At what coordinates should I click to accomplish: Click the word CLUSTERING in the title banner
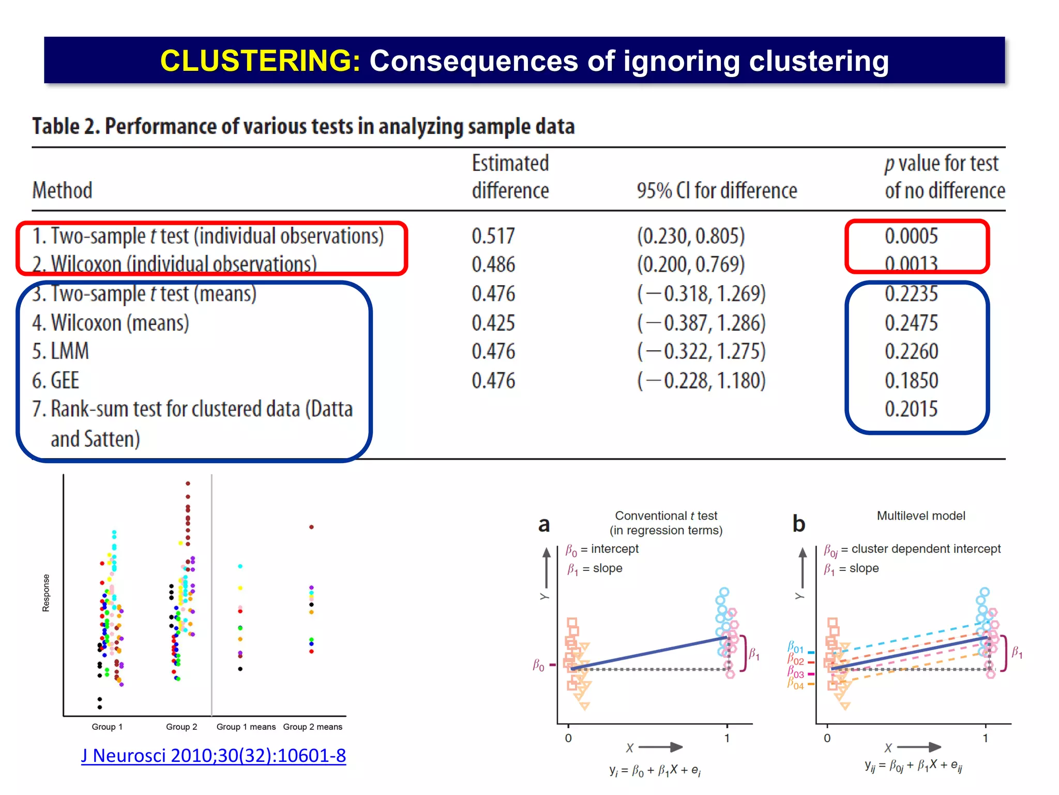tap(260, 61)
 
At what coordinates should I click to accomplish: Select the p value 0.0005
tap(911, 236)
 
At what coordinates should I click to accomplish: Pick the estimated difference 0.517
tap(493, 236)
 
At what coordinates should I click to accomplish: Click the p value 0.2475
tap(911, 323)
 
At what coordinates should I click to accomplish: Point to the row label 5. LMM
tap(60, 351)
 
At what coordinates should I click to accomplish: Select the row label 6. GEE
tap(56, 380)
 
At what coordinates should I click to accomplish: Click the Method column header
tap(62, 190)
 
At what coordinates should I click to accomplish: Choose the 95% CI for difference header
tap(717, 190)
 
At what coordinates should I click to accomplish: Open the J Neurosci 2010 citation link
tap(213, 756)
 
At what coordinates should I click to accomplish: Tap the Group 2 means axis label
tap(312, 727)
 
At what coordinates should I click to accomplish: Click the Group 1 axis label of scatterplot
tap(107, 727)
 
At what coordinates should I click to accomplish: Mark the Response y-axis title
tap(46, 593)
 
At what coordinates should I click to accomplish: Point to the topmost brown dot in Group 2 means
tap(311, 527)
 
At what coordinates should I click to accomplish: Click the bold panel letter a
tap(544, 524)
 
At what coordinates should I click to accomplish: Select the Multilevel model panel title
tap(920, 516)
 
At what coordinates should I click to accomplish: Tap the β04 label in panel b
tap(795, 684)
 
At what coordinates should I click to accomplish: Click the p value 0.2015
tap(911, 409)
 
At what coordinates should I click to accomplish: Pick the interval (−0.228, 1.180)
tap(701, 380)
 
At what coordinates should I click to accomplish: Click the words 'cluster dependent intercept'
tap(926, 549)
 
